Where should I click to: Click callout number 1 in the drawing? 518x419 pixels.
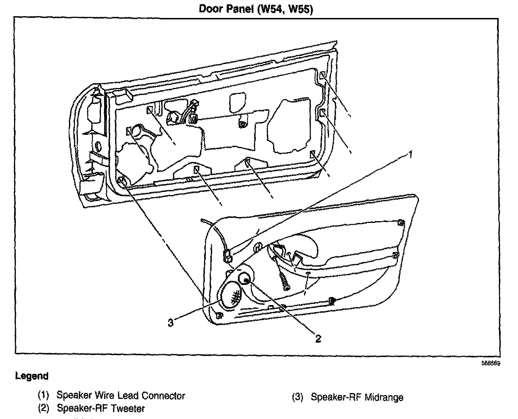409,154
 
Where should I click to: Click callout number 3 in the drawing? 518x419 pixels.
170,323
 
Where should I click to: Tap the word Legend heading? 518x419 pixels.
32,376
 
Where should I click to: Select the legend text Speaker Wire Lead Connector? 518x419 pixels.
121,395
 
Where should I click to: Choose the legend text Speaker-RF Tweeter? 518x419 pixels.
101,408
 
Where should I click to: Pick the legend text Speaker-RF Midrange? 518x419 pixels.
357,397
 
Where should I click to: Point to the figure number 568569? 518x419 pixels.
491,363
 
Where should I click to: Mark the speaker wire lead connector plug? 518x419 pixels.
227,256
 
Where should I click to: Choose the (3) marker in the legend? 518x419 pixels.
297,397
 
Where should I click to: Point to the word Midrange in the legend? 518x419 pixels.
384,397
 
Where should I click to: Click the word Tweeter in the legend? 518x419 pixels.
128,408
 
